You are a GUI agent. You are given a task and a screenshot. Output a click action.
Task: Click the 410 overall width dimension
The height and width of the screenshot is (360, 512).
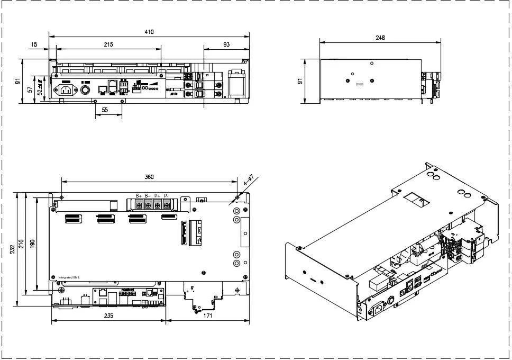tap(149, 32)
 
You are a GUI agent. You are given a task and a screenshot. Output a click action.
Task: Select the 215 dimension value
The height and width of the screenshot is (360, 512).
tap(108, 45)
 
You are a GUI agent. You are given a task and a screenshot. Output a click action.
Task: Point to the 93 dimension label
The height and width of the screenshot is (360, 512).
tap(226, 45)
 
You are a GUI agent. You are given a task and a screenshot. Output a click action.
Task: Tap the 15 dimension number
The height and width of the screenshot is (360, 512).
tap(34, 45)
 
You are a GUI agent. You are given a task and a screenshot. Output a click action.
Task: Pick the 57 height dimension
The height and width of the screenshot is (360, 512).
tap(30, 89)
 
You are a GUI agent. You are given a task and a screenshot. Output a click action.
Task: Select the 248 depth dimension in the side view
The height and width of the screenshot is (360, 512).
tap(380, 38)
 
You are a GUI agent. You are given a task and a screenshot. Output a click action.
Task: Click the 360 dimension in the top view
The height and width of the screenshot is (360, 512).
tap(149, 177)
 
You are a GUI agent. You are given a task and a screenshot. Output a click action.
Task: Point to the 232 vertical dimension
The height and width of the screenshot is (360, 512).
tap(12, 249)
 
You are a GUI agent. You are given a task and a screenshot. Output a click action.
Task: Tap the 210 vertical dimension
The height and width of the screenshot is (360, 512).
tap(22, 244)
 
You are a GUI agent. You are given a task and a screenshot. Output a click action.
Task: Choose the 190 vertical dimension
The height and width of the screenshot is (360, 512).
tap(32, 244)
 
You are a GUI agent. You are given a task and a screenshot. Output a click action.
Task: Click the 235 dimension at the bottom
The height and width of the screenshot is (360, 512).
tap(108, 316)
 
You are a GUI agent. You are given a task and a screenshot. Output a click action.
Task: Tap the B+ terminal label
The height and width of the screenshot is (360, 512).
tap(139, 196)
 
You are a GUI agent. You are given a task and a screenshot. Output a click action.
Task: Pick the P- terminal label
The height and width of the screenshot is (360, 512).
tap(166, 196)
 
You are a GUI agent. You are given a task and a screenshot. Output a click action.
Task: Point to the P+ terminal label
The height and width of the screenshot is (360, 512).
tap(157, 196)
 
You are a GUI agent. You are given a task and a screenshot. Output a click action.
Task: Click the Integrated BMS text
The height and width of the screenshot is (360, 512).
tap(68, 277)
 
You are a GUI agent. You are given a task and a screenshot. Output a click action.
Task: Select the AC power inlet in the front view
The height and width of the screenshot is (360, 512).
tap(65, 89)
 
